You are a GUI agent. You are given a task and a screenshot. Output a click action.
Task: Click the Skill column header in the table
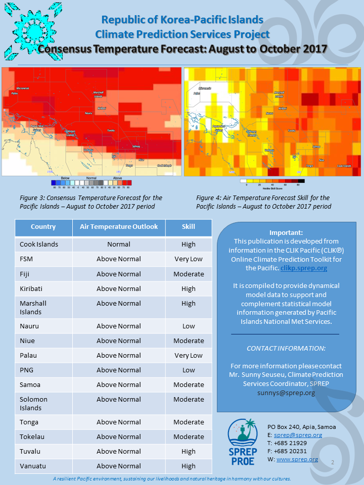[x=189, y=227]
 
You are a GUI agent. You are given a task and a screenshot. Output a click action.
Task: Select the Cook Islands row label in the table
[x=39, y=245]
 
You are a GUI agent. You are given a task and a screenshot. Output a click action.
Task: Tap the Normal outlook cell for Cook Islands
[x=119, y=245]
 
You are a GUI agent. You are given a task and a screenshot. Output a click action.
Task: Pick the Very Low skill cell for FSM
[x=189, y=259]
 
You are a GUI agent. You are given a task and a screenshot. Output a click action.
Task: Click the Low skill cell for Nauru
[x=189, y=326]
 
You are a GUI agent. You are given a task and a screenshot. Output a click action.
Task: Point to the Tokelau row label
[x=34, y=437]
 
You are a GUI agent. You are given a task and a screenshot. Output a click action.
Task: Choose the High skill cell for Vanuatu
[x=189, y=466]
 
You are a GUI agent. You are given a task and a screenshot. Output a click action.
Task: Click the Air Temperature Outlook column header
[x=119, y=227]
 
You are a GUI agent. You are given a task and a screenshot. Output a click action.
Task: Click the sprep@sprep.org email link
[x=298, y=435]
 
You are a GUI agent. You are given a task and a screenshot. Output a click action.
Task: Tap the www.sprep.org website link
[x=297, y=459]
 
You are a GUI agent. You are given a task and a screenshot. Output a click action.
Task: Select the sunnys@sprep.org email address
[x=286, y=393]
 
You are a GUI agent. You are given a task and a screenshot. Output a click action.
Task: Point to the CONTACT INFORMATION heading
[x=286, y=349]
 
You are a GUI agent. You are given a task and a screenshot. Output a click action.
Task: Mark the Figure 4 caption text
[x=263, y=202]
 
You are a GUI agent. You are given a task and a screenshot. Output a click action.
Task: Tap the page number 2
[x=333, y=462]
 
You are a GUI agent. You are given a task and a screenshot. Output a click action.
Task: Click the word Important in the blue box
[x=286, y=233]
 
